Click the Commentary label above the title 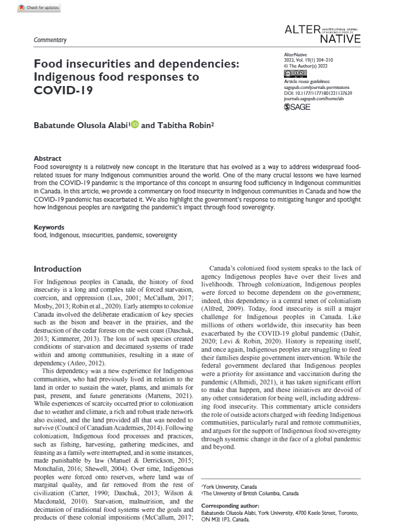(50, 40)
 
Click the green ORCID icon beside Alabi (135, 125)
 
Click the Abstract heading (47, 159)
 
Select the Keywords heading (50, 227)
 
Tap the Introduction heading (57, 269)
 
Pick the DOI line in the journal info (318, 93)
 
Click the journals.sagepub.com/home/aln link (315, 98)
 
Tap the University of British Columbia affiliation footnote (250, 493)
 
